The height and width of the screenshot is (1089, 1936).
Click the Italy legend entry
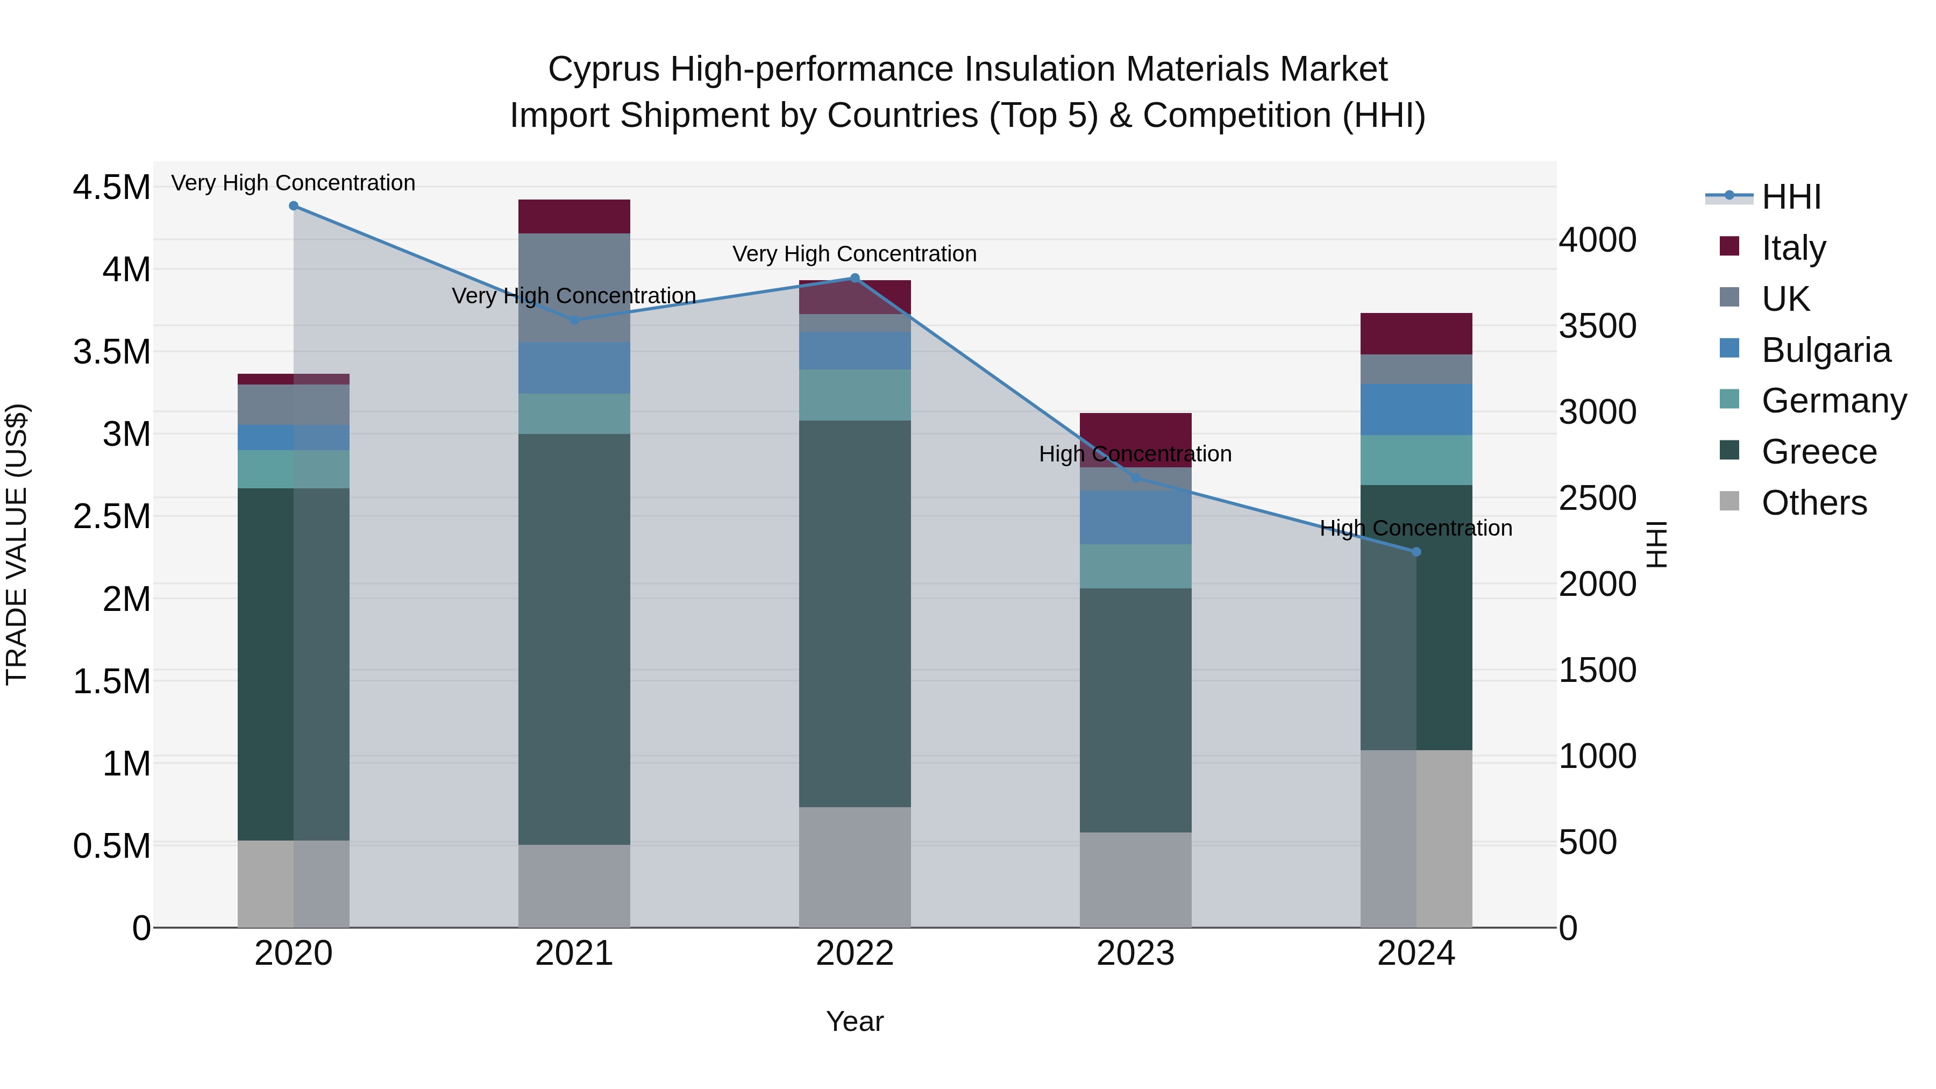coord(1793,247)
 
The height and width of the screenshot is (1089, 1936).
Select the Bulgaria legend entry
coord(1825,350)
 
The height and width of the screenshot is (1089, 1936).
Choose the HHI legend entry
coord(1790,197)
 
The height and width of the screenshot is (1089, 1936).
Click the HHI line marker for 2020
coord(294,206)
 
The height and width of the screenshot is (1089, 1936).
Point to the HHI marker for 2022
coord(855,278)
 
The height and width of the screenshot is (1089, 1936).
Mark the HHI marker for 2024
coord(1416,552)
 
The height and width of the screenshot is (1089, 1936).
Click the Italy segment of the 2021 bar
coord(574,216)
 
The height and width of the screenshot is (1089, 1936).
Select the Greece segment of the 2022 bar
coord(855,613)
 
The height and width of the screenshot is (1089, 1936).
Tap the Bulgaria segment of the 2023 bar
coord(1136,517)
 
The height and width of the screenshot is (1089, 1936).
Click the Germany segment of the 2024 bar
coord(1416,460)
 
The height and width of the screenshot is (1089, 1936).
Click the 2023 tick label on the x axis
coord(1136,953)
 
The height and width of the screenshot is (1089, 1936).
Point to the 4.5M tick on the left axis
coord(111,187)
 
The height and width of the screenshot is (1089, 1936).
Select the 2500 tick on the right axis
coord(1597,499)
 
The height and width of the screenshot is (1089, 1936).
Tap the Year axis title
coord(855,1021)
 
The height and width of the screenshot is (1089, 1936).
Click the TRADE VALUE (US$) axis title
coord(17,544)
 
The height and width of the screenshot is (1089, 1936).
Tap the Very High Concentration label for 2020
coord(293,183)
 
